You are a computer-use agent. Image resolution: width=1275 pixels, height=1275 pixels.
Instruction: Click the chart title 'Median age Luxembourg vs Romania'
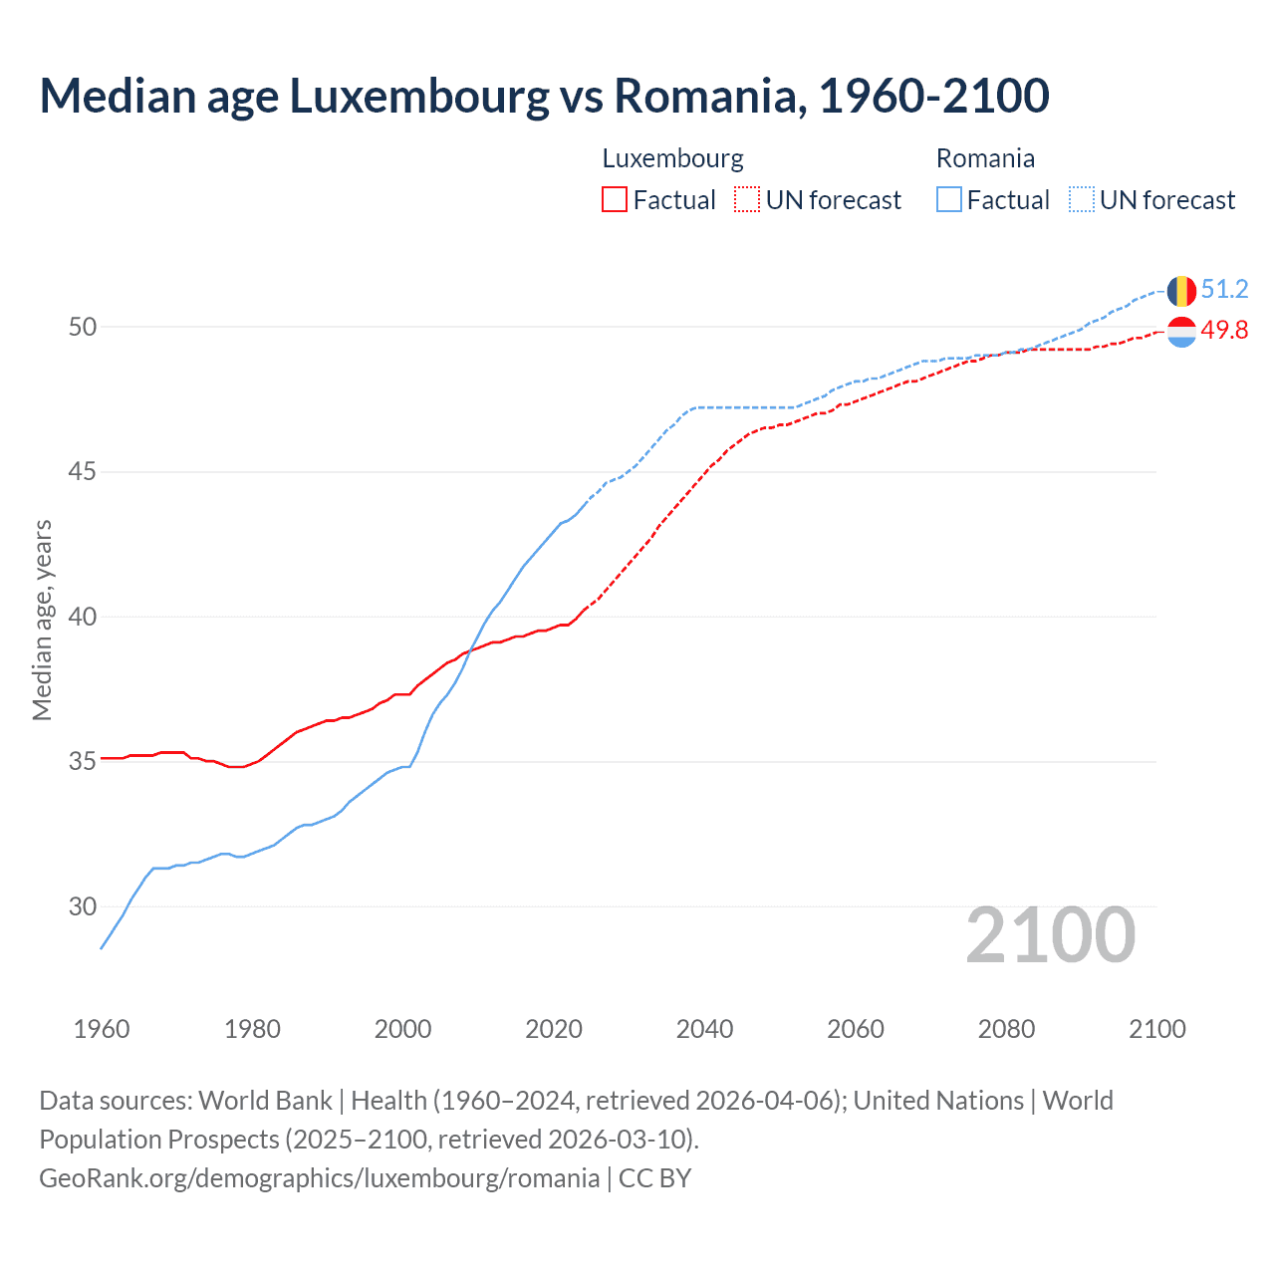tap(544, 97)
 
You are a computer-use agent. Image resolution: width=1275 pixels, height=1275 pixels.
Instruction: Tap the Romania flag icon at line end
tap(1181, 291)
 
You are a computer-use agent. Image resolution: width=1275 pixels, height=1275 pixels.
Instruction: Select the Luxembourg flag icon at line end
tap(1181, 332)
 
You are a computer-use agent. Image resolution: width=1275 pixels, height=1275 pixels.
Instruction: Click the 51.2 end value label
tap(1224, 290)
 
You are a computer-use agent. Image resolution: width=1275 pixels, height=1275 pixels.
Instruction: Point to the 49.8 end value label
tap(1224, 331)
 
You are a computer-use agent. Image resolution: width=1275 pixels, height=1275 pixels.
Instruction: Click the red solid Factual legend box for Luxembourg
tap(615, 200)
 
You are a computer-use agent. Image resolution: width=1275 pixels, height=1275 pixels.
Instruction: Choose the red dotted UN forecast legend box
tap(747, 200)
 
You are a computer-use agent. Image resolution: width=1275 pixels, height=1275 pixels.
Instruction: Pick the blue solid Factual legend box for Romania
tap(949, 200)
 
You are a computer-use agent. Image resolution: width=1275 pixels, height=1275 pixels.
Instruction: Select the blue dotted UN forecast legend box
tap(1081, 200)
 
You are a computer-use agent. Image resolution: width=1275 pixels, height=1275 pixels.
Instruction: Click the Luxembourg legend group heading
tap(672, 158)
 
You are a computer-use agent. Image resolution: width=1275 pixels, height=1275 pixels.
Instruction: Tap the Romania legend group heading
tap(985, 158)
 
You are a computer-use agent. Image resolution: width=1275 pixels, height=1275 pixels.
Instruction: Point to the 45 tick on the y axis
tap(83, 472)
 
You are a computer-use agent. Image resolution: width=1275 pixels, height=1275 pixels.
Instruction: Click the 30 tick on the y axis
tap(83, 906)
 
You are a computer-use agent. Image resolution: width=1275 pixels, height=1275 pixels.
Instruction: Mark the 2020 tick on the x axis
tap(554, 1029)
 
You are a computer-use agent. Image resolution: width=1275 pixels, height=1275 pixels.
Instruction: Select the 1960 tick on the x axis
tap(102, 1029)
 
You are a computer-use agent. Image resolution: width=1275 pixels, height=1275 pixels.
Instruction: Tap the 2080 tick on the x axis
tap(1006, 1029)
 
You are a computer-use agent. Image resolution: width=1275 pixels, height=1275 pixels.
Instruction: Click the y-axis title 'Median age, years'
tap(42, 620)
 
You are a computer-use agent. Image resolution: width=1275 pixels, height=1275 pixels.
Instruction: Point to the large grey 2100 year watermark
tap(1050, 934)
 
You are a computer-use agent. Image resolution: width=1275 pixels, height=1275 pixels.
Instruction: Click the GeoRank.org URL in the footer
tap(319, 1178)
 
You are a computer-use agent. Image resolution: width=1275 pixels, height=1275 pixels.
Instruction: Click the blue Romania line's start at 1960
tap(102, 947)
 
